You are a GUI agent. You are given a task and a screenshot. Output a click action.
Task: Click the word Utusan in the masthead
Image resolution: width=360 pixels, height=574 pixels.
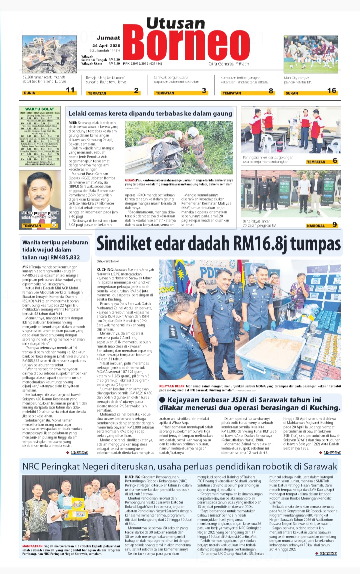point(176,23)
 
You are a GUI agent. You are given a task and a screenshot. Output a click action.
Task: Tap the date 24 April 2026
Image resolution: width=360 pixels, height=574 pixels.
point(106,46)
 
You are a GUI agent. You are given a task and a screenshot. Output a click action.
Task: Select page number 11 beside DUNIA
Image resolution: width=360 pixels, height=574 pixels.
point(70,90)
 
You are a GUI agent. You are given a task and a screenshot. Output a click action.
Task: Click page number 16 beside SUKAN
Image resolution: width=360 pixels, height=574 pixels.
point(332,91)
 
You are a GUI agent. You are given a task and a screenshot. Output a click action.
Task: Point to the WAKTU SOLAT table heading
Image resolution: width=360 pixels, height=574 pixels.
point(40,109)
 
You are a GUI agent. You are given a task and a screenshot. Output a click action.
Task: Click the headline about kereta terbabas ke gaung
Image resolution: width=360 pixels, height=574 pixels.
point(150,113)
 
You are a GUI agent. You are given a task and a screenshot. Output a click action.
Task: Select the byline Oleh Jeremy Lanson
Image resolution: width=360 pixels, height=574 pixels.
point(108,261)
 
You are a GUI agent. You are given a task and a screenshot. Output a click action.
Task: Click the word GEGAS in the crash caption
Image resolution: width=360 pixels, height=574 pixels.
point(130,180)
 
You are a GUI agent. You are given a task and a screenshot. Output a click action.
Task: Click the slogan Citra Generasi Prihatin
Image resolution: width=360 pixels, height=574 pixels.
point(229,64)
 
